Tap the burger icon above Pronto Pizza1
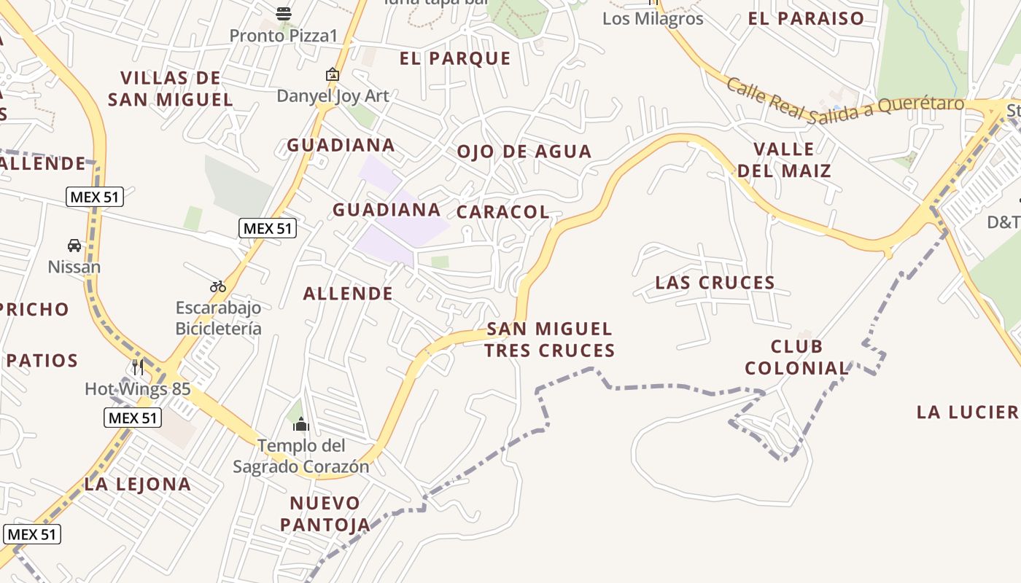[x=284, y=13]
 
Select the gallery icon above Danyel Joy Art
[x=332, y=74]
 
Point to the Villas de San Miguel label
[x=171, y=89]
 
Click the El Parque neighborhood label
[x=455, y=59]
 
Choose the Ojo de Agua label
[x=524, y=152]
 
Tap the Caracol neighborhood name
[x=502, y=212]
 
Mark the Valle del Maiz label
[x=784, y=160]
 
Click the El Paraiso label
[x=806, y=18]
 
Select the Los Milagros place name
[x=653, y=19]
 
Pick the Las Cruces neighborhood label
[x=715, y=283]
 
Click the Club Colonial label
[x=796, y=357]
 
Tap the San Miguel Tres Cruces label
[x=549, y=340]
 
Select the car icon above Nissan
[x=74, y=246]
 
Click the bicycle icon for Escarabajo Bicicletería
[x=217, y=286]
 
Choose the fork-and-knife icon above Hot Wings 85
[x=138, y=367]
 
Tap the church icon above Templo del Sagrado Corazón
[x=301, y=424]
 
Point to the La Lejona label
[x=138, y=484]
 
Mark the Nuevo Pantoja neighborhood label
[x=325, y=513]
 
